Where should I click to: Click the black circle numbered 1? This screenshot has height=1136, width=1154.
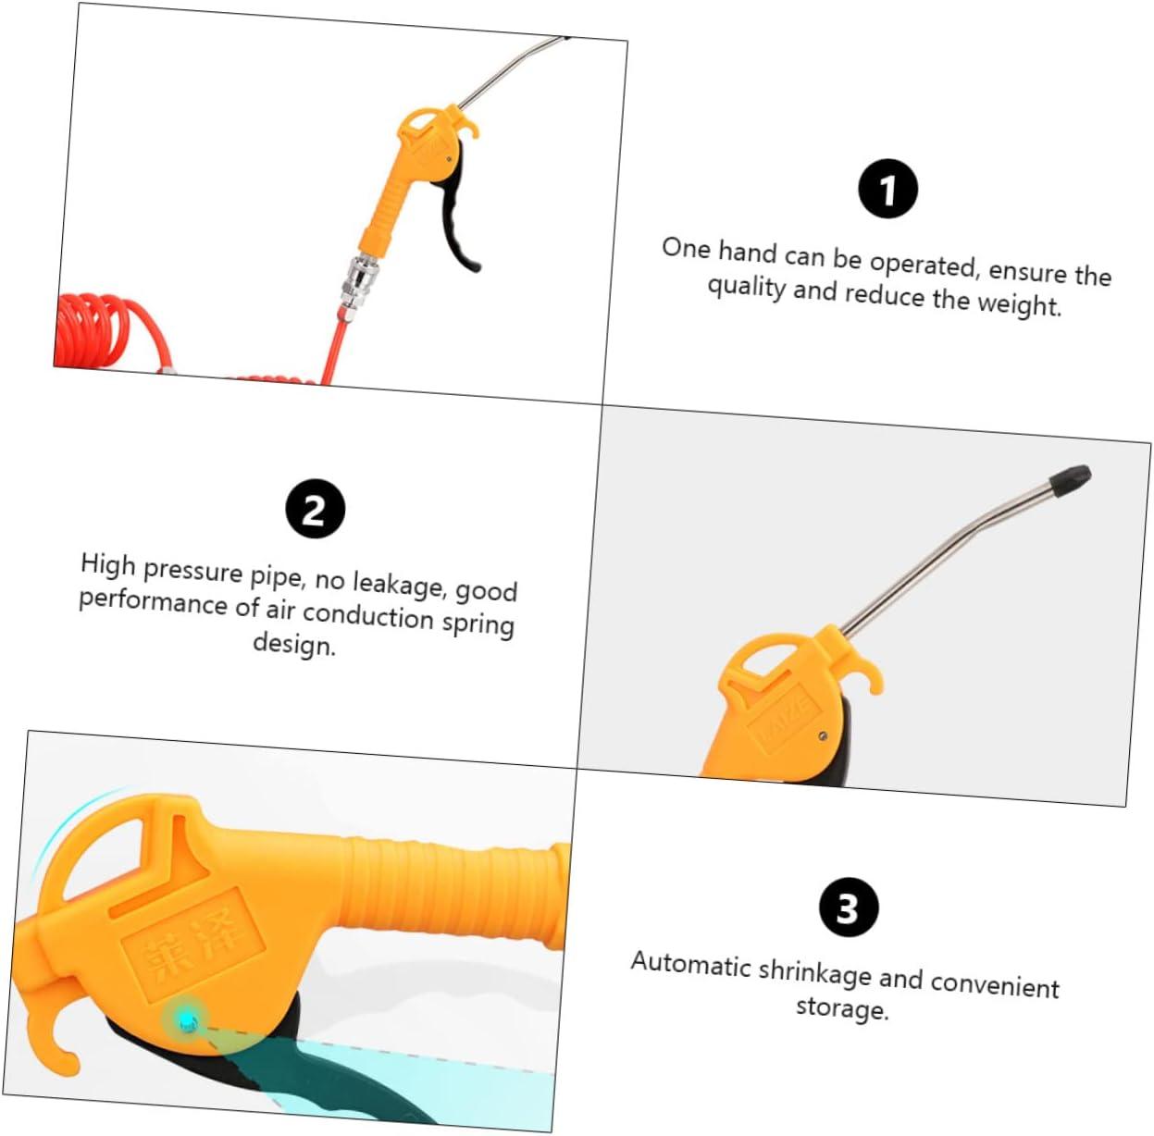[887, 190]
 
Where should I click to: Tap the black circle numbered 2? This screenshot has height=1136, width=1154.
[315, 509]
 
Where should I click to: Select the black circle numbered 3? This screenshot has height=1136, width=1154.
[848, 908]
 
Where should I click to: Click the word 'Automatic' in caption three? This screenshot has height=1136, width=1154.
[690, 964]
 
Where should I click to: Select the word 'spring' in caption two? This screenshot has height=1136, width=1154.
[478, 624]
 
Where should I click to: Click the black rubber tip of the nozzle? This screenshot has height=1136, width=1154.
[1070, 479]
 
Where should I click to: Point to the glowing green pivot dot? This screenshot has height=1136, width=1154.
[187, 1020]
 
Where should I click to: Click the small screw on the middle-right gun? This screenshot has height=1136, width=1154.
[822, 736]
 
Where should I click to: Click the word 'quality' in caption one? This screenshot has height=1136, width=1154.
[746, 287]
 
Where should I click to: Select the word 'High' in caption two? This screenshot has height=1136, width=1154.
[107, 563]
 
